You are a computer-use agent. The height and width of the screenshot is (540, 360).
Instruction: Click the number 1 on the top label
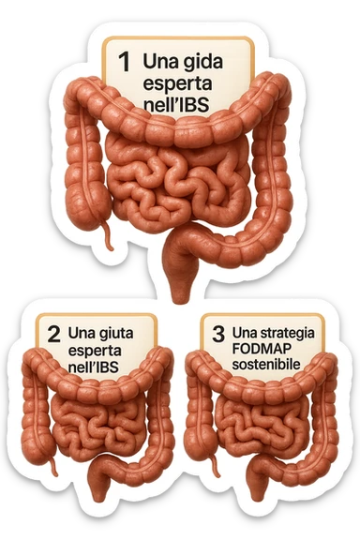124,61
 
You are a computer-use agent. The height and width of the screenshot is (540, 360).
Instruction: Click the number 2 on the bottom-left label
53,333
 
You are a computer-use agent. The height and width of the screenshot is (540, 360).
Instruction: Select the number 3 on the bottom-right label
218,333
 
